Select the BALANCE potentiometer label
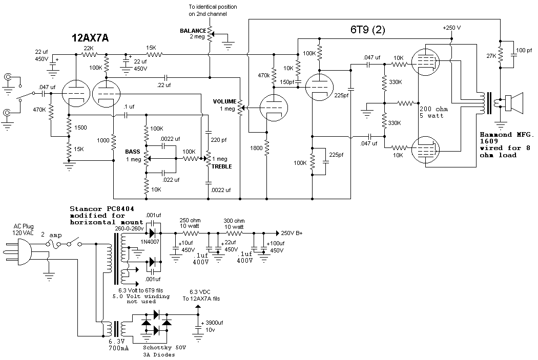click(x=193, y=31)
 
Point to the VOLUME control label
click(x=224, y=101)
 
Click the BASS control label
click(x=132, y=152)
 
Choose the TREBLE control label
click(x=222, y=166)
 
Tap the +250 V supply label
click(x=451, y=27)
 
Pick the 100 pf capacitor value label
click(x=525, y=50)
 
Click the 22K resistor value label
click(x=89, y=48)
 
